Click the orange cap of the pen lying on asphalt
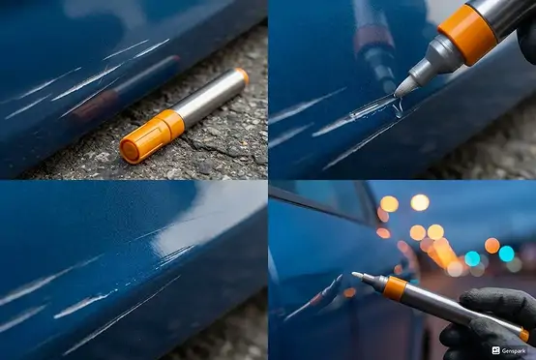(150, 136)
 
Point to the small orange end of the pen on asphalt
(243, 75)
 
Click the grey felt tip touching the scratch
(405, 86)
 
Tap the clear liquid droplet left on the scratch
(399, 108)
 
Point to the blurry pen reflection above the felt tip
(374, 47)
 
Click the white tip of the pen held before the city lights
(357, 275)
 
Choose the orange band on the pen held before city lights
(395, 288)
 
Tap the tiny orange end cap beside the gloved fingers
(524, 335)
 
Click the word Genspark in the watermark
(514, 350)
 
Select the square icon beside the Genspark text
(496, 350)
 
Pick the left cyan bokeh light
(472, 258)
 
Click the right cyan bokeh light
(506, 254)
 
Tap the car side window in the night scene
(328, 200)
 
